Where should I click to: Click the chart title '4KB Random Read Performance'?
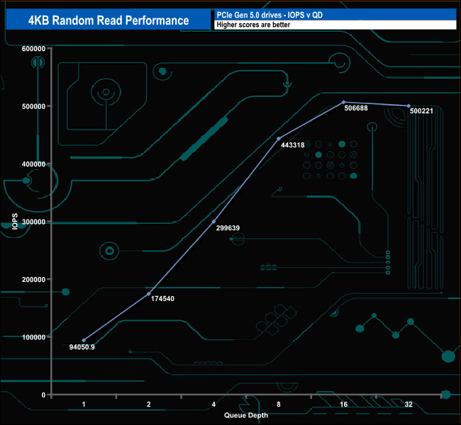click(108, 20)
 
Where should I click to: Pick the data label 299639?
click(228, 228)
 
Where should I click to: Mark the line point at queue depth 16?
click(343, 102)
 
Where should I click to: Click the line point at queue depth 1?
click(84, 340)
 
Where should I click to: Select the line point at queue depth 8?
click(279, 138)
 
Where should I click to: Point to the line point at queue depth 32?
click(409, 106)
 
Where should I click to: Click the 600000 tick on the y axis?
click(34, 49)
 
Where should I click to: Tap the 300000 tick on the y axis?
click(34, 222)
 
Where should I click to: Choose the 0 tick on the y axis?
click(44, 395)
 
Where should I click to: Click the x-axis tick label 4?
click(213, 404)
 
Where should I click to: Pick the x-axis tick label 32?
click(409, 404)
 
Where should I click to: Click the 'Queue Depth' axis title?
click(246, 415)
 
